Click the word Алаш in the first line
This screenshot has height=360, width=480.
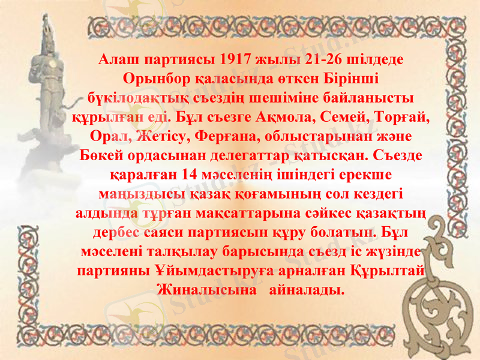tap(120, 61)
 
